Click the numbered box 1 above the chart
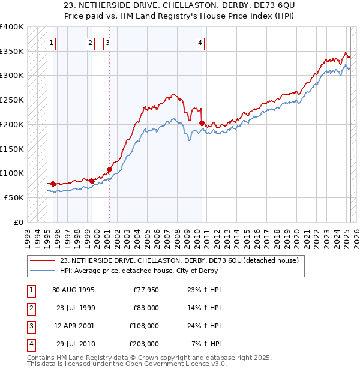[52, 43]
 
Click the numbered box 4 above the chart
[200, 43]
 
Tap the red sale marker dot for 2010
[202, 123]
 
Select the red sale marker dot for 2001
[110, 169]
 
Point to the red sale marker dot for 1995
[53, 184]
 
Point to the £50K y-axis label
[14, 197]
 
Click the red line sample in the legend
[42, 260]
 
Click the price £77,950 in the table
[145, 290]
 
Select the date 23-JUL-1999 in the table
[75, 308]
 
